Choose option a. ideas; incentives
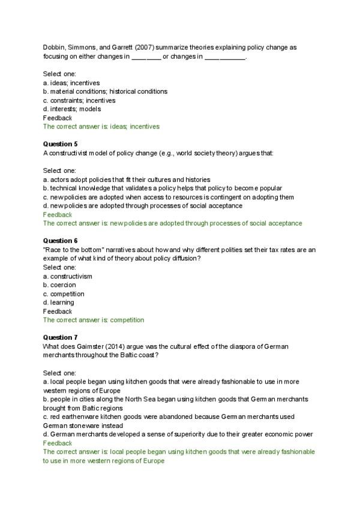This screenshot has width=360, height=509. tap(71, 83)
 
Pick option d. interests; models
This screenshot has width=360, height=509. tap(72, 109)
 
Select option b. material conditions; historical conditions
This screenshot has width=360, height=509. tap(105, 91)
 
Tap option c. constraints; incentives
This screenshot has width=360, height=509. tap(79, 100)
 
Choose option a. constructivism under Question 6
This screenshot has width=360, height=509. tap(67, 276)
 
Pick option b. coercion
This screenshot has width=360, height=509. tap(59, 285)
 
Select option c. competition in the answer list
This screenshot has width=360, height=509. tap(64, 294)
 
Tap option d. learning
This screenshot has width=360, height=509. tap(59, 303)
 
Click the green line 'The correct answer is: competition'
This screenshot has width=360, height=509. tap(94, 320)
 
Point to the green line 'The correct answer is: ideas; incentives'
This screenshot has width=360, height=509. tap(101, 127)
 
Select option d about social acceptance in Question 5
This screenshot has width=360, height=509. tap(143, 206)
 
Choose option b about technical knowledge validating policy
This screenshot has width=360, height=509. tap(162, 188)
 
